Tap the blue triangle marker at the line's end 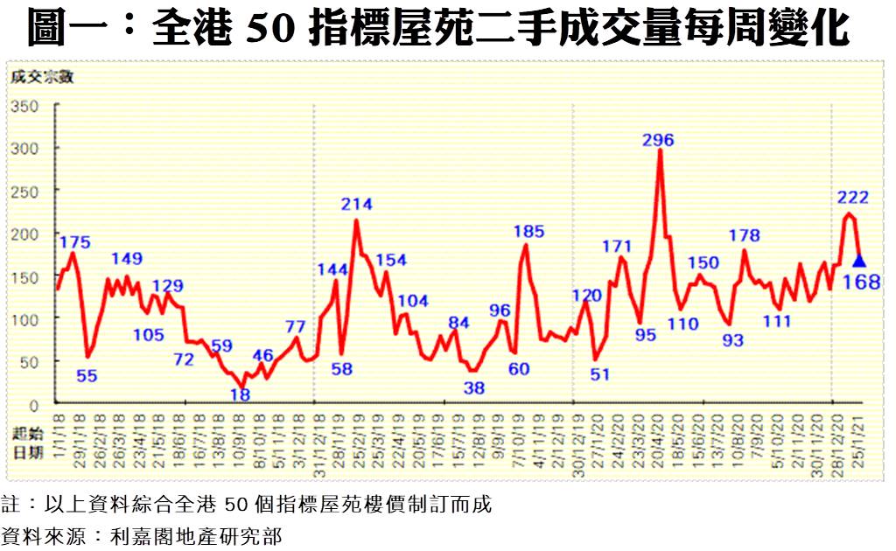(859, 260)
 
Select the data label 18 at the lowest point (240, 394)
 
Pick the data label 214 (356, 204)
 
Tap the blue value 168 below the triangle (862, 282)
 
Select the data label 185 (528, 232)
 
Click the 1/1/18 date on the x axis (59, 429)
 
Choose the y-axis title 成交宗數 (42, 77)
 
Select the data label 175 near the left (75, 241)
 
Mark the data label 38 (473, 387)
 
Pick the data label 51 (599, 374)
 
